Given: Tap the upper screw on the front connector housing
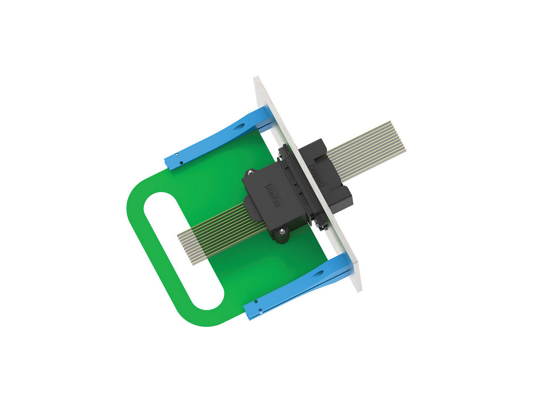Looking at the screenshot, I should [250, 172].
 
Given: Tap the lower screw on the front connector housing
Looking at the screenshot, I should [281, 229].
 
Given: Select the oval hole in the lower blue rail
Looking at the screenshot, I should [318, 274].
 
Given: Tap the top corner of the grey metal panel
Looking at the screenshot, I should [256, 78].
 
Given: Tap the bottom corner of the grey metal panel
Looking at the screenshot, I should [359, 289].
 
